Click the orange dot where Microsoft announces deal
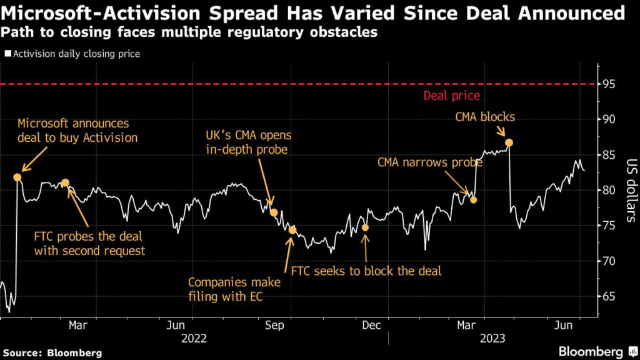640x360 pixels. pos(17,177)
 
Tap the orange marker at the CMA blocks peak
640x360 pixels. pos(509,142)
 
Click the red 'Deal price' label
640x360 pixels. pos(451,96)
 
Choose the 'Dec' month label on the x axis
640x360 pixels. pos(372,325)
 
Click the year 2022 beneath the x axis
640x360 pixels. pos(194,338)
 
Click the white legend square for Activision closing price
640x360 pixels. pos(7,54)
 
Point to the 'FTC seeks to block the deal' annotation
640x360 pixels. pos(366,271)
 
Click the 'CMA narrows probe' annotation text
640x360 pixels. pos(430,162)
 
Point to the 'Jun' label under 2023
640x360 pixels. pos(564,325)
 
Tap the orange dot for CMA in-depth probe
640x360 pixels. pos(274,212)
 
